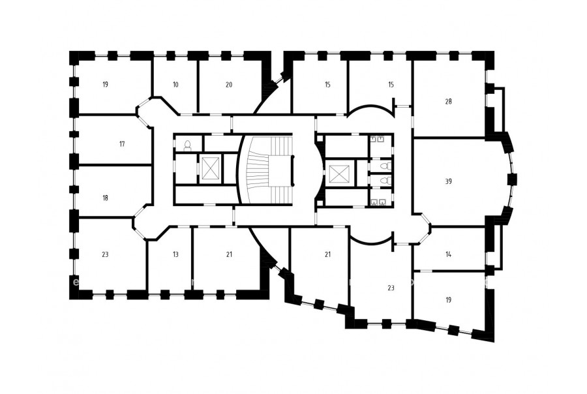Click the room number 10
[x=175, y=85]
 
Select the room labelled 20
[x=229, y=85]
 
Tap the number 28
[x=449, y=102]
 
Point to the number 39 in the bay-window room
[x=449, y=181]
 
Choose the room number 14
[x=449, y=254]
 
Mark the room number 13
[x=175, y=254]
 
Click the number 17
[x=122, y=144]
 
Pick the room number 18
[x=105, y=198]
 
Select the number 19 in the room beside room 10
[x=105, y=85]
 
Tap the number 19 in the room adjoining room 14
[x=449, y=300]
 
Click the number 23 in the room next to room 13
[x=105, y=254]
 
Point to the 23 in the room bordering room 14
[x=391, y=288]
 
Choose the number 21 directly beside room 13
[x=229, y=254]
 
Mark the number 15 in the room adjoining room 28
[x=391, y=85]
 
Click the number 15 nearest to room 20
[x=327, y=85]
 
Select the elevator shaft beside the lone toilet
[x=210, y=168]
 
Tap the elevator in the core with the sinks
[x=339, y=174]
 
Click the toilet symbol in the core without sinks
[x=188, y=145]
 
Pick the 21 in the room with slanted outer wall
[x=327, y=254]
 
